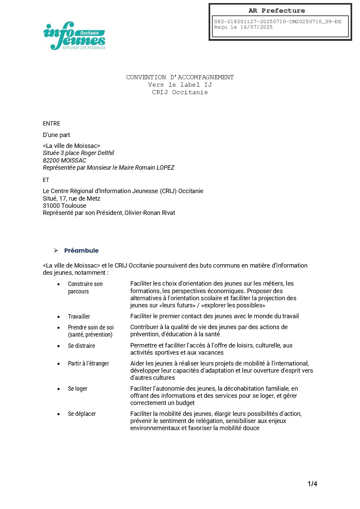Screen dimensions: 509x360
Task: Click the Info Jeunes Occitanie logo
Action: pyautogui.click(x=74, y=36)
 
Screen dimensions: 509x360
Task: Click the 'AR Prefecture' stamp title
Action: pyautogui.click(x=277, y=11)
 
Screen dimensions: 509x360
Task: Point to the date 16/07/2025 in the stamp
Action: pyautogui.click(x=256, y=27)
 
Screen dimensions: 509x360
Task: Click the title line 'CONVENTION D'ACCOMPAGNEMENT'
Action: pyautogui.click(x=180, y=77)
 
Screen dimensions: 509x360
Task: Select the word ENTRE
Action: pyautogui.click(x=51, y=123)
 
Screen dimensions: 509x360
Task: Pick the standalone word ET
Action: pyautogui.click(x=46, y=180)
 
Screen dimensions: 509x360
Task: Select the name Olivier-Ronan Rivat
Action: pyautogui.click(x=150, y=213)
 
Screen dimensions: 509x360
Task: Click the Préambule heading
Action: pyautogui.click(x=81, y=251)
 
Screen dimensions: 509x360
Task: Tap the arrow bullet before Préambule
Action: pyautogui.click(x=56, y=251)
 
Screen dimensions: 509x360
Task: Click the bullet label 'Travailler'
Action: pyautogui.click(x=79, y=317)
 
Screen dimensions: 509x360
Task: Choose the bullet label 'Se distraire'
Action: pyautogui.click(x=81, y=346)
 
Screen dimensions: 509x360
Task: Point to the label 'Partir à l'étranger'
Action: pyautogui.click(x=88, y=363)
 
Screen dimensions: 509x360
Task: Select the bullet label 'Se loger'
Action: pyautogui.click(x=78, y=389)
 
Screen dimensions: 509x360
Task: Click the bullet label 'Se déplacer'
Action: pyautogui.click(x=82, y=414)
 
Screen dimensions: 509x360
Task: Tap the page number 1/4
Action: pyautogui.click(x=312, y=483)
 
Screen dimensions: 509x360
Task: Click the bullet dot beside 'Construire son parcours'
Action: pyautogui.click(x=59, y=284)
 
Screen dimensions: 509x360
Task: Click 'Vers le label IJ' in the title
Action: pyautogui.click(x=180, y=85)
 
